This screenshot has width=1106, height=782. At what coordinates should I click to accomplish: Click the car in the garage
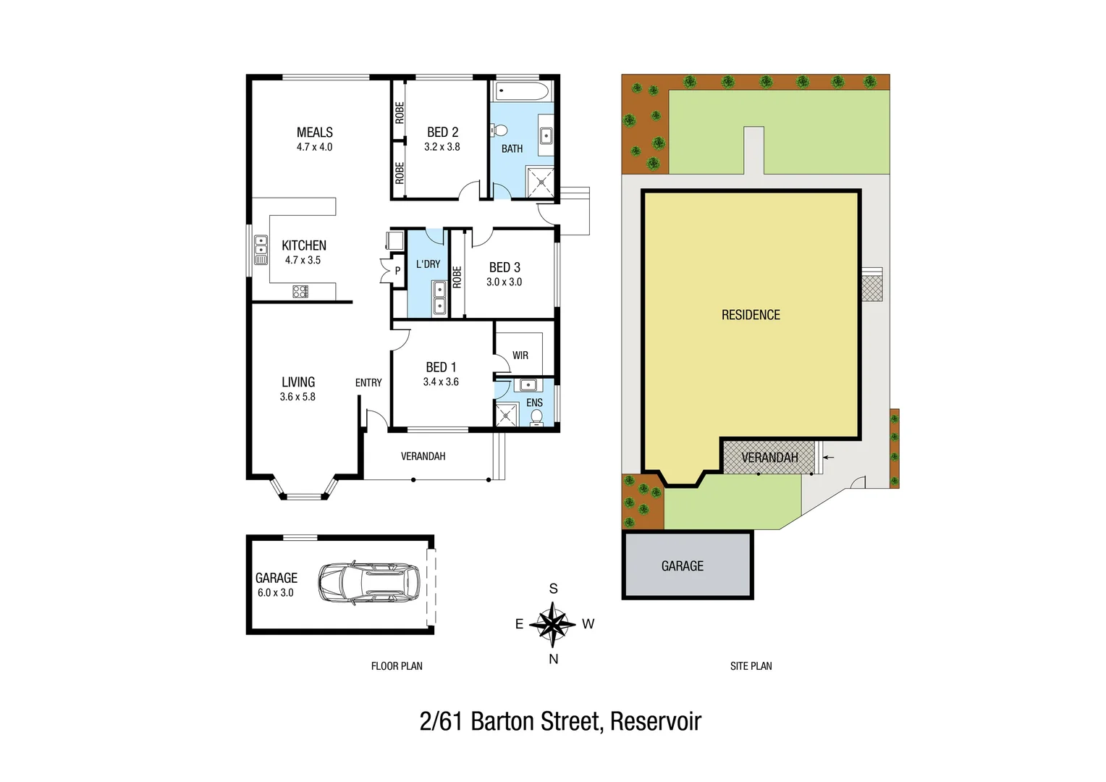(369, 583)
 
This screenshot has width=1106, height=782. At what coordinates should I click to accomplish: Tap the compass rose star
(552, 623)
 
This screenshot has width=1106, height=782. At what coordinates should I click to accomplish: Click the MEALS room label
(315, 133)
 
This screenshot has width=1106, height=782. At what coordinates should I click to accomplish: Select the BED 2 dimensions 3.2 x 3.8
(442, 147)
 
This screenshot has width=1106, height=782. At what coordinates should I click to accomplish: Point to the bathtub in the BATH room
(522, 92)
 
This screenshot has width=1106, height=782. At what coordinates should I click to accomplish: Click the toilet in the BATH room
(499, 130)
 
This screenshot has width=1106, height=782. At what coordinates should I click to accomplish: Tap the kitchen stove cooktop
(300, 292)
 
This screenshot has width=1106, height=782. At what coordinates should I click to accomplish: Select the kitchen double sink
(261, 245)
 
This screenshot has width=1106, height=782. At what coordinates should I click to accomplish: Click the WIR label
(520, 356)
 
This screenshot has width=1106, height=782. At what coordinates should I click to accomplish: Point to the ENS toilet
(536, 417)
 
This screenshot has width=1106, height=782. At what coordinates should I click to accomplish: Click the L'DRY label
(428, 264)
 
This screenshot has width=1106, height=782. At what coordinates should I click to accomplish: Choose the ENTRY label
(368, 382)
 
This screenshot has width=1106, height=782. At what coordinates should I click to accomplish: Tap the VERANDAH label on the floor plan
(423, 456)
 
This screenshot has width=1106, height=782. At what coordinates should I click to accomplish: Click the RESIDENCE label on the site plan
(751, 315)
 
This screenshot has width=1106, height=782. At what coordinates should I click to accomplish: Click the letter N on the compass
(553, 659)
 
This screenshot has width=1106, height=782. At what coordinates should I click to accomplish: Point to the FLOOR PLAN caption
(397, 666)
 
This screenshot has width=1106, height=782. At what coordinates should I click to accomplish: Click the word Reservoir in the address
(656, 722)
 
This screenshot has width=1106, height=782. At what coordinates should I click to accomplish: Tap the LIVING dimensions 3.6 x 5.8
(297, 397)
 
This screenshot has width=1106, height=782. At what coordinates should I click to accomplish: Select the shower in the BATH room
(540, 182)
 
